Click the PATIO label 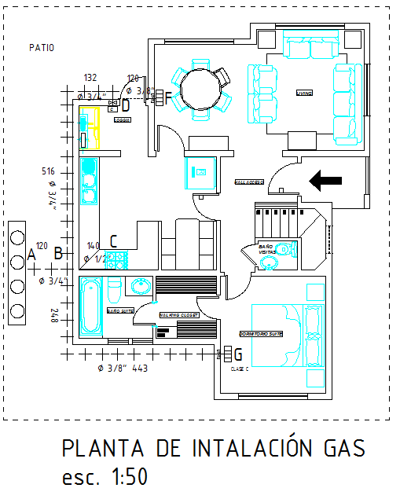pos(42,47)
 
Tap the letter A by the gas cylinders pos(31,254)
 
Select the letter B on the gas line pos(57,253)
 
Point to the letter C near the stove pos(113,241)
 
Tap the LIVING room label pos(304,93)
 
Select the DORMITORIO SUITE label pos(261,332)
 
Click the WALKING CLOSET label pos(179,314)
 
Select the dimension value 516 pos(48,171)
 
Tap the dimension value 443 pos(140,368)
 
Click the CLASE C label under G pos(239,368)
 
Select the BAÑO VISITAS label pos(267,250)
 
